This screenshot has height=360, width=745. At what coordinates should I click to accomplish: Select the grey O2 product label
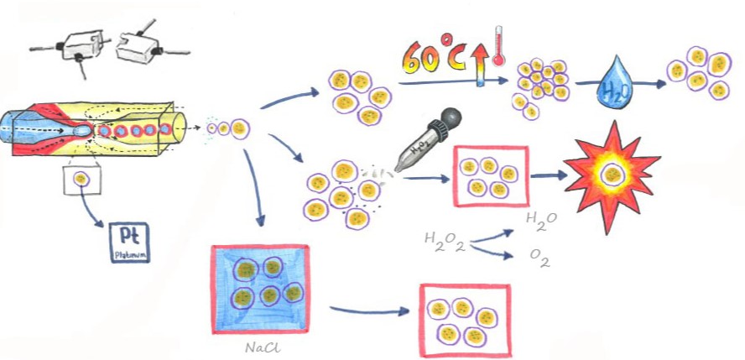[539, 261]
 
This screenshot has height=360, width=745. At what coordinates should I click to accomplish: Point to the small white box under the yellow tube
[81, 178]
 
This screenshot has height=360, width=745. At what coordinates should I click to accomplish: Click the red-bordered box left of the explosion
[490, 176]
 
